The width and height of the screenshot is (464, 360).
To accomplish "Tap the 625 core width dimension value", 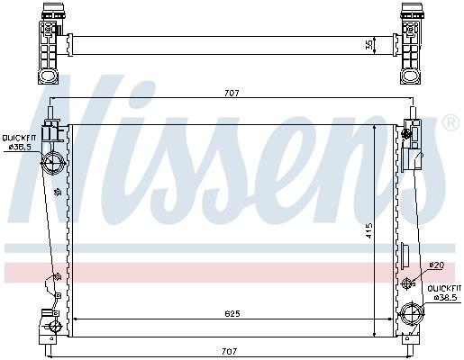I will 233,314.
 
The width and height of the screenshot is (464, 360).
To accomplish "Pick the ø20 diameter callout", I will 436,265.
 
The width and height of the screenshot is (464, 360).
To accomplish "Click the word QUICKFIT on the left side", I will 17,136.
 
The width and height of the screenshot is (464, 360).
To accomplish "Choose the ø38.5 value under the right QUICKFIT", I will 445,296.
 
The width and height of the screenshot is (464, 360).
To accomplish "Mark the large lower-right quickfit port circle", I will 412,316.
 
